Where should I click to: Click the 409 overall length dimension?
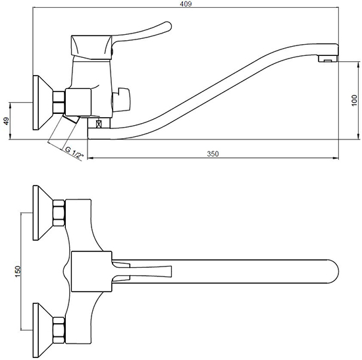[x=186, y=4]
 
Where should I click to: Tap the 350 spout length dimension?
[x=213, y=154]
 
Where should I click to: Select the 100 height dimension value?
[x=355, y=101]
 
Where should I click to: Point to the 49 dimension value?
[x=7, y=121]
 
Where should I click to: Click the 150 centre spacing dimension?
[x=18, y=272]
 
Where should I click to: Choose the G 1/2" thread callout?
[x=74, y=153]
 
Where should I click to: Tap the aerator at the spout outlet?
[x=328, y=59]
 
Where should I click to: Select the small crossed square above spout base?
[x=99, y=124]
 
